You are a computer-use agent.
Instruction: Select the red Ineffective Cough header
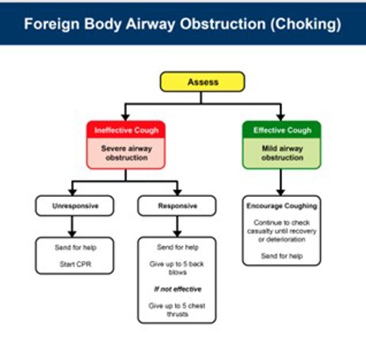[x=127, y=130]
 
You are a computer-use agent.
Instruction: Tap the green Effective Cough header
[x=281, y=130]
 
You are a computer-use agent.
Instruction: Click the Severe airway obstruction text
[x=127, y=153]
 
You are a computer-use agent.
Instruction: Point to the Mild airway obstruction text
[x=281, y=153]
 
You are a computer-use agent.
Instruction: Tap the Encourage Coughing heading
[x=281, y=205]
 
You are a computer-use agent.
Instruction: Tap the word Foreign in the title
[x=49, y=24]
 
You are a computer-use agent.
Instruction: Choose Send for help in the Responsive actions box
[x=177, y=247]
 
